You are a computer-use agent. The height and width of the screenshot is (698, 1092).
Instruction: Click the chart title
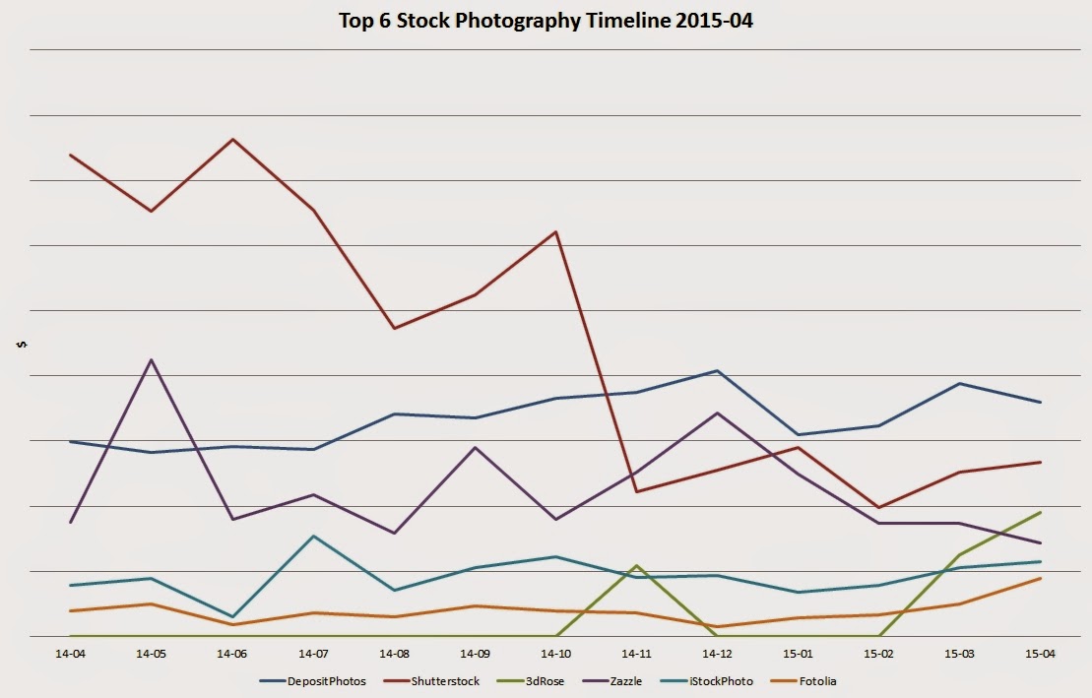545,21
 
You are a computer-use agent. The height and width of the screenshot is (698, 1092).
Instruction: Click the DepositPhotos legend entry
316,680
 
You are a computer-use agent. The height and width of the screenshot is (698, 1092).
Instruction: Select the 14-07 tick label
313,653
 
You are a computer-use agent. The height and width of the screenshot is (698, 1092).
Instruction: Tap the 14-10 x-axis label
556,653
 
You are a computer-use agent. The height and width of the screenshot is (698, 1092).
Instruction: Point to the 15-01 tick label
799,653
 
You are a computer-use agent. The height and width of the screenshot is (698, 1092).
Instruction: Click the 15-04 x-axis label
1041,653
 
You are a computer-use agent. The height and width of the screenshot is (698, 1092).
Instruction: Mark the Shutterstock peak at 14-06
232,139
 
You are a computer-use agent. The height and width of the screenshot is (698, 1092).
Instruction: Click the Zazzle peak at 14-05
151,359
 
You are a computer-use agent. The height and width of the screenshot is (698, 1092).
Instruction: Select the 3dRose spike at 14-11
637,565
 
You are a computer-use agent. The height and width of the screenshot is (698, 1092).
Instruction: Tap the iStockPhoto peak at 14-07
313,536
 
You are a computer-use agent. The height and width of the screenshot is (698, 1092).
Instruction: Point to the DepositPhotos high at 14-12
718,370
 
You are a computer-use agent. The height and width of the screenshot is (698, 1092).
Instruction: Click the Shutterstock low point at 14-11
637,491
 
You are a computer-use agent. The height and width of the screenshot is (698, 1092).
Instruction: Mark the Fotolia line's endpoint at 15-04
1041,578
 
